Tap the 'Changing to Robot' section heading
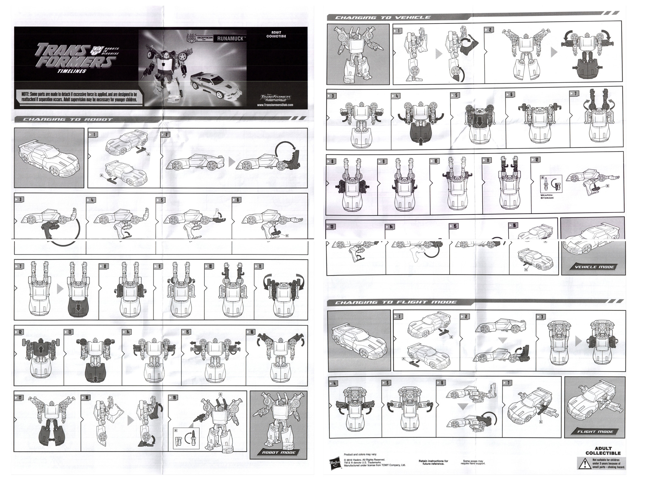click(67, 119)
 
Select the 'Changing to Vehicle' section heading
click(382, 17)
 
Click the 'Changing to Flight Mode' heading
click(396, 302)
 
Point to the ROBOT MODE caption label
click(278, 453)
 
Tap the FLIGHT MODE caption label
click(595, 432)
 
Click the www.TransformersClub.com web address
click(275, 105)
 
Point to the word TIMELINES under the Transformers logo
click(72, 71)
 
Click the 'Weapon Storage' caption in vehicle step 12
click(547, 196)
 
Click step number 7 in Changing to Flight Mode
click(508, 383)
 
